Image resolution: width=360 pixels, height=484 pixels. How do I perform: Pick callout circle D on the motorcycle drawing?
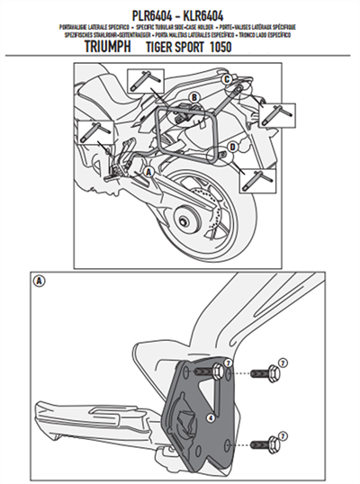[232, 147]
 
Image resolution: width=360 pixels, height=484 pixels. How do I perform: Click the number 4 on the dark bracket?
[210, 417]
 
